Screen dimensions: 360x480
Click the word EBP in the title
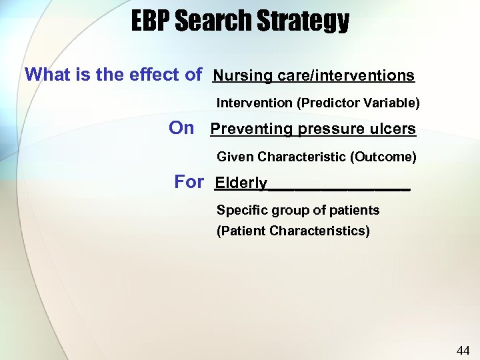150,21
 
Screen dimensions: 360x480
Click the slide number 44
463,351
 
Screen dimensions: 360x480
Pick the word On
181,128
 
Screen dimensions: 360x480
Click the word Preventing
251,129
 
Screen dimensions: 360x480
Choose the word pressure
327,129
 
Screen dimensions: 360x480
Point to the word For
189,182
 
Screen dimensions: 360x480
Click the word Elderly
241,183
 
